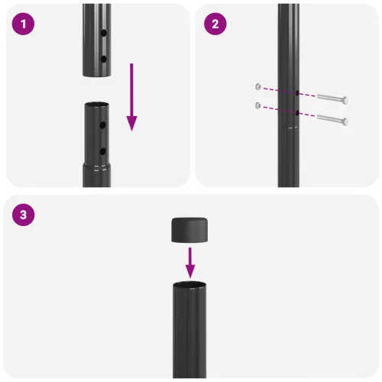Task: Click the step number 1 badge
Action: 25,24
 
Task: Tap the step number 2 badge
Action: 215,24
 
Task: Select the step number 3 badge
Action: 25,215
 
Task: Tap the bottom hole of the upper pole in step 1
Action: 104,58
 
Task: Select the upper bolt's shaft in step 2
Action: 325,99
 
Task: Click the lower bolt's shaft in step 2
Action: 325,119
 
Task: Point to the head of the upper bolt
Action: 345,100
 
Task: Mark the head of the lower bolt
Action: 345,121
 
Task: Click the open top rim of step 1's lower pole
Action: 97,105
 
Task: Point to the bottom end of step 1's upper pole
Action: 97,75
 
